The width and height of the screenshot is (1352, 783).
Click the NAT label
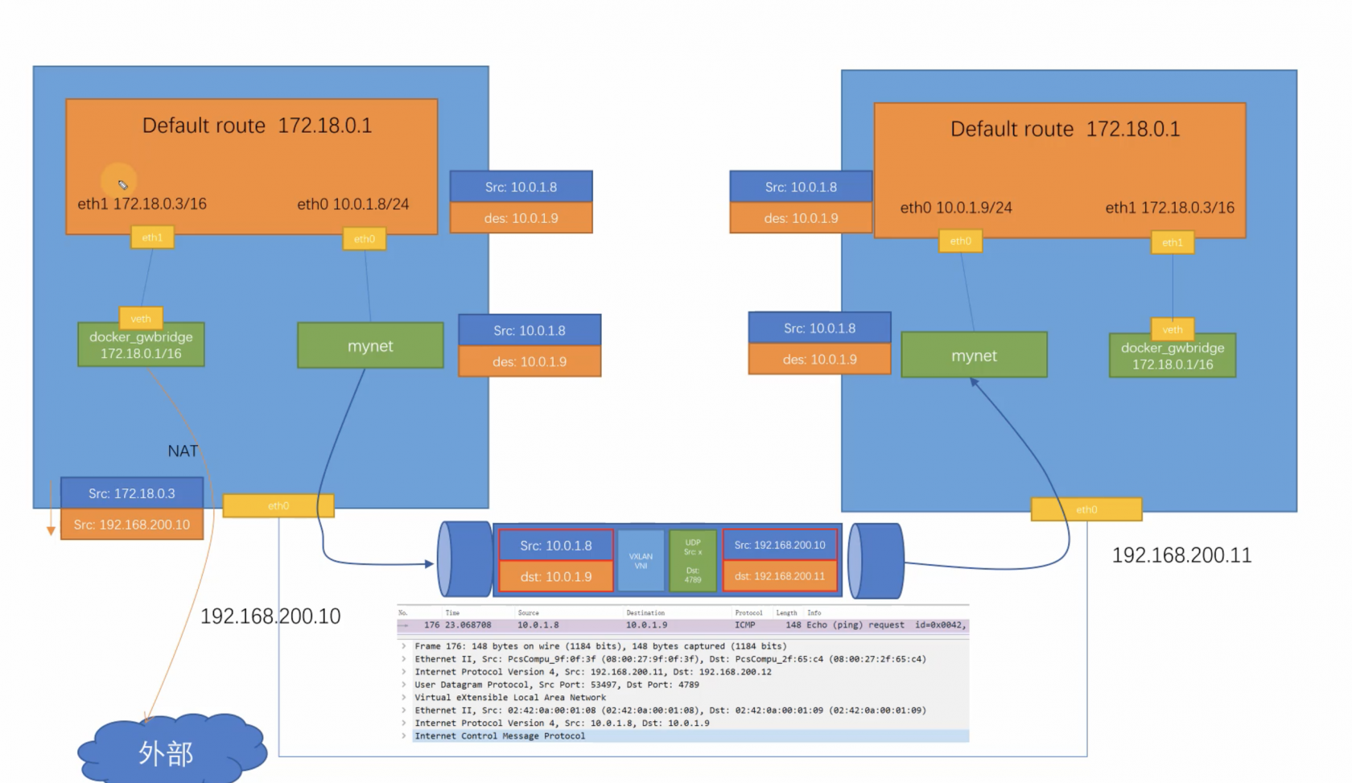(183, 451)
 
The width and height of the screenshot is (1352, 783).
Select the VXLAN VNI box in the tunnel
(641, 561)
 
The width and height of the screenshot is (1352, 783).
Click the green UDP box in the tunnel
(693, 561)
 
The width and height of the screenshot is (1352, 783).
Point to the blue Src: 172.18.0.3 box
(132, 493)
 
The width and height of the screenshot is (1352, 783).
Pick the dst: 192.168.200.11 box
(780, 576)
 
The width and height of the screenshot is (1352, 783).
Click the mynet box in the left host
(370, 346)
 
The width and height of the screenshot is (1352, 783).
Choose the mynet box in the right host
(974, 356)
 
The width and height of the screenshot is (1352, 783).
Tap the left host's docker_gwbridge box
(141, 345)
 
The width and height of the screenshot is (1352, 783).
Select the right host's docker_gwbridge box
(1173, 356)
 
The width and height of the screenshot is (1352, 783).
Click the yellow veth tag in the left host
(141, 319)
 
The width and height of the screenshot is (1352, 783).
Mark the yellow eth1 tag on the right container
(1173, 242)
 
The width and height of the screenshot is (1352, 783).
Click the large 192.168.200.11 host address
(1181, 555)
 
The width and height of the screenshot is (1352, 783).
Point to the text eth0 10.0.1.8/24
(352, 204)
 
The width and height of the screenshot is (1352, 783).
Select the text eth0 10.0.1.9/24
(956, 208)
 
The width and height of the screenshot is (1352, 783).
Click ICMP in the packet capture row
(744, 625)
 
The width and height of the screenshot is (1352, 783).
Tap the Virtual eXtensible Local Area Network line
(510, 698)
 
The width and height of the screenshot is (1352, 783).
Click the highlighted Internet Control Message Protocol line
(500, 736)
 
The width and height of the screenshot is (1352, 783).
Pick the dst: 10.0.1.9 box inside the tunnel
(556, 577)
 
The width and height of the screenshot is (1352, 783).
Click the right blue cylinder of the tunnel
(876, 561)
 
